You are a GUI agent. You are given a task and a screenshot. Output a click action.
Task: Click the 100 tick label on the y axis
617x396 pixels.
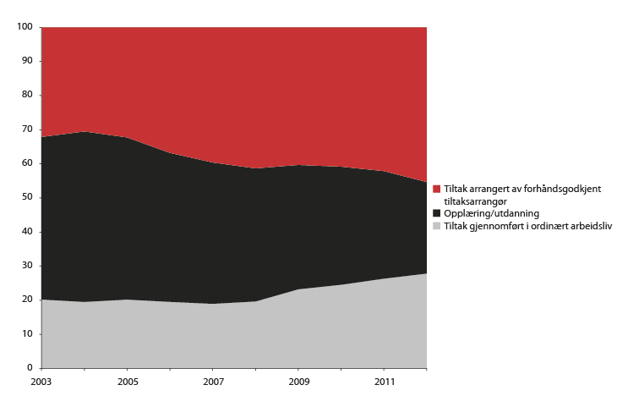point(25,27)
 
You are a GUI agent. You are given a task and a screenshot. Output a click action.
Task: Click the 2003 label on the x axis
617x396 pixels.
point(41,382)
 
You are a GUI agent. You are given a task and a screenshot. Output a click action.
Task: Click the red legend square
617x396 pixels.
point(436,189)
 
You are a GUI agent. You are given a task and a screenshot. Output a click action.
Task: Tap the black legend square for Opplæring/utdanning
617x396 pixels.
point(436,213)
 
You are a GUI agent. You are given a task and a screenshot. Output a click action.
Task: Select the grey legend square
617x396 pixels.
point(436,226)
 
